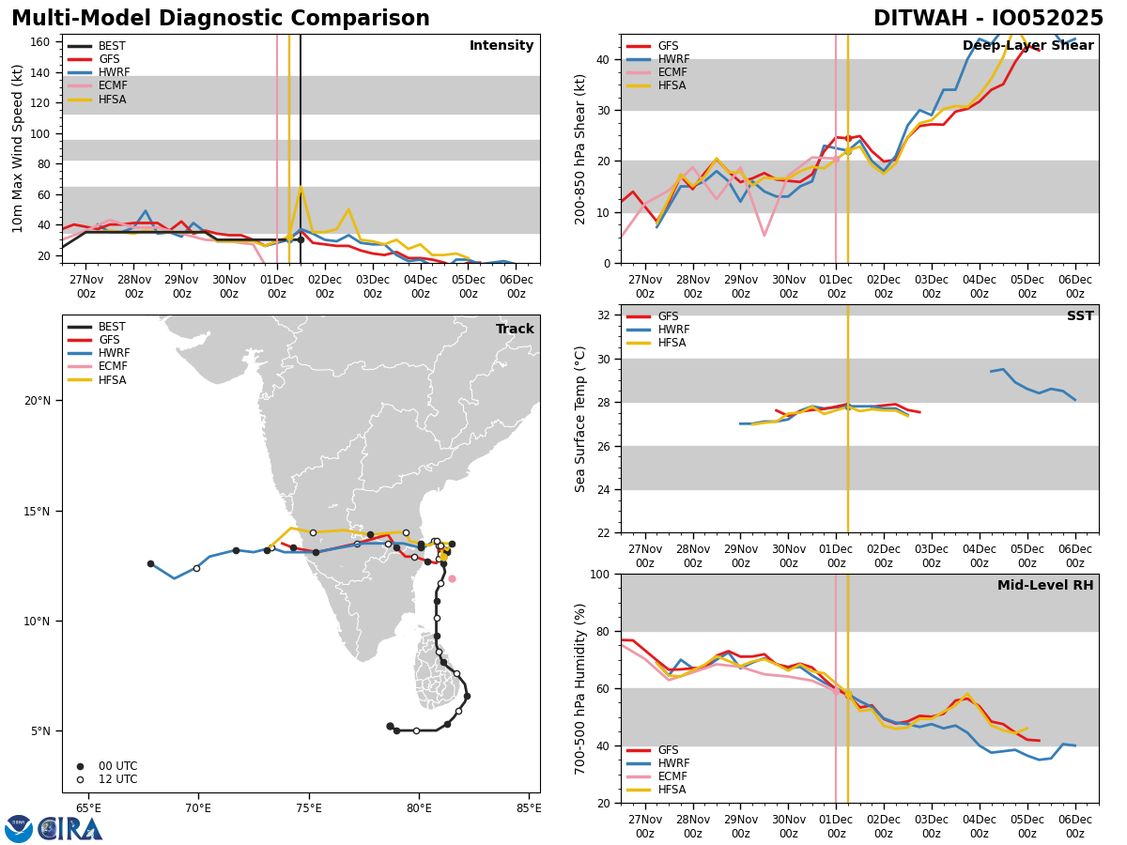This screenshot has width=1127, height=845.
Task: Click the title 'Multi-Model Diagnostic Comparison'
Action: tap(221, 19)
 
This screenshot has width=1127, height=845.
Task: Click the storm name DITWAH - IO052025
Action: tap(988, 19)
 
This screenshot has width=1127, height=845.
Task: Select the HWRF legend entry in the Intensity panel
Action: tap(114, 72)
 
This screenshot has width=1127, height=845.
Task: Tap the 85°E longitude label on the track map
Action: tap(529, 807)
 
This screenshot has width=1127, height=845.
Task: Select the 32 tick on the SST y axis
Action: tap(605, 315)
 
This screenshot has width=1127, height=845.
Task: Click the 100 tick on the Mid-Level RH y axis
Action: tap(601, 574)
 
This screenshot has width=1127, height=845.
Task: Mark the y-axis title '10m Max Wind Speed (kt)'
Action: tap(19, 148)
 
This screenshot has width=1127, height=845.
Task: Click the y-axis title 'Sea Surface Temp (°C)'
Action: tap(580, 419)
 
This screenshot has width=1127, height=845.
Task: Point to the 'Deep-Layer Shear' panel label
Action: tap(1027, 46)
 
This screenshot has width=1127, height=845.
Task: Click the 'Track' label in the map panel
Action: tap(515, 330)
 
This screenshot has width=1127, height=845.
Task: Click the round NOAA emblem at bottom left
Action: tap(19, 829)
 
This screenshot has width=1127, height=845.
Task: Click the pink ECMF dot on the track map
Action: tap(452, 578)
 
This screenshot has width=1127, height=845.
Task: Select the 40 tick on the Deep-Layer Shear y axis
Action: tap(605, 59)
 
